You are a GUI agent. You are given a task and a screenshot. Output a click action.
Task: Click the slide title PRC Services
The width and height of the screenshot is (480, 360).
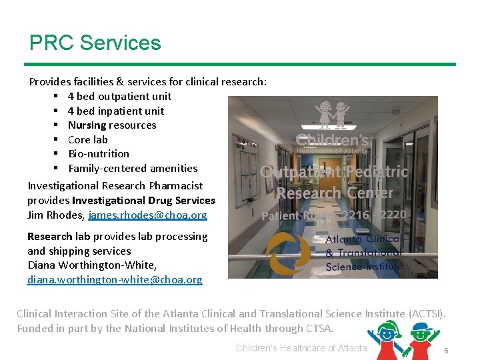(x=95, y=43)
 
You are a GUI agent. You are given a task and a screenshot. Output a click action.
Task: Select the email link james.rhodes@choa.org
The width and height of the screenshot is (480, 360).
(x=147, y=215)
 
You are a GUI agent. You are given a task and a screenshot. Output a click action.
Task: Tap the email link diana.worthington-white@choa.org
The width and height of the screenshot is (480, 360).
(x=115, y=279)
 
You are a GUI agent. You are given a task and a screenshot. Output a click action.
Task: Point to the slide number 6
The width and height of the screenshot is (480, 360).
(x=446, y=351)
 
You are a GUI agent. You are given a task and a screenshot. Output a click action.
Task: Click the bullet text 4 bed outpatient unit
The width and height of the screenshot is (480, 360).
(x=119, y=97)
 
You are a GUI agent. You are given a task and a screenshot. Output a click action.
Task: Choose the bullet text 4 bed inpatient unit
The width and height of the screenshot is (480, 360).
(x=115, y=111)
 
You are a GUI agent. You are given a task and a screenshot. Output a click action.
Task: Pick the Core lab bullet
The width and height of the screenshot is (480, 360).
(x=87, y=140)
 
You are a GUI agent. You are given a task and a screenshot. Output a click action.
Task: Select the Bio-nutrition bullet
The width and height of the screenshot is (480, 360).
(x=99, y=154)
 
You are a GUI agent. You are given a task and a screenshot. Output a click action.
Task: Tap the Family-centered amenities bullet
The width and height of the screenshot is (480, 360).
(x=133, y=169)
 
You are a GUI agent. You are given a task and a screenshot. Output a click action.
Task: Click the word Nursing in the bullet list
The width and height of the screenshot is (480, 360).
(x=87, y=125)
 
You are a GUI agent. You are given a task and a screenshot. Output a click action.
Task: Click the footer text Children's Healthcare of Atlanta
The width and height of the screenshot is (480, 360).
(x=301, y=348)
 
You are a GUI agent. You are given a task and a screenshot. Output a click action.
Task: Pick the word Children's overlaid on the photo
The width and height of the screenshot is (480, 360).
(x=332, y=141)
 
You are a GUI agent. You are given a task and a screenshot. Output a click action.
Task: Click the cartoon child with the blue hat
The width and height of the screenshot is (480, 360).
(x=422, y=337)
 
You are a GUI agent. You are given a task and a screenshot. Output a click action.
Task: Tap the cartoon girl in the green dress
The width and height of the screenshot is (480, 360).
(x=387, y=338)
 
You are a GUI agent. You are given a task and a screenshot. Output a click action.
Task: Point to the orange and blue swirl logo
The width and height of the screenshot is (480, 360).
(x=287, y=254)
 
